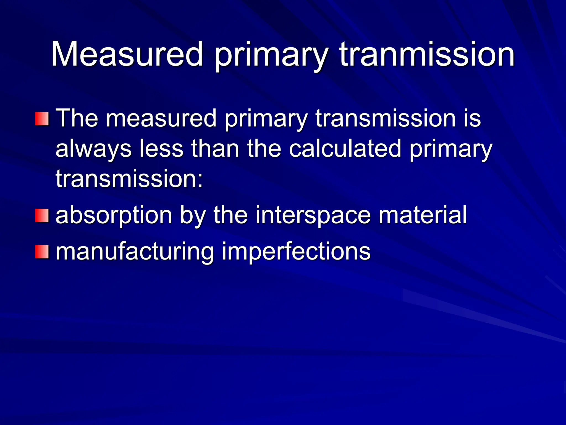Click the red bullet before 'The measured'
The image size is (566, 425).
point(42,119)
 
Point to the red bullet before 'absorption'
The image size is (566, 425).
point(42,216)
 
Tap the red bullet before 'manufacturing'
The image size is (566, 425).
point(42,252)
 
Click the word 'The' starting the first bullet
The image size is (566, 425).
point(77,118)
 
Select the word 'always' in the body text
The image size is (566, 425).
point(93,149)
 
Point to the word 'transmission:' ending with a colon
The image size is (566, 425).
point(129,179)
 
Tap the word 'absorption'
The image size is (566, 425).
point(114,216)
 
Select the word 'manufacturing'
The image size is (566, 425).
point(135,252)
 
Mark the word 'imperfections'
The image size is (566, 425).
point(296,252)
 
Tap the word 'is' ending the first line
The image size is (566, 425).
point(472,118)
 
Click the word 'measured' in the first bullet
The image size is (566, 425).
point(161,118)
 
